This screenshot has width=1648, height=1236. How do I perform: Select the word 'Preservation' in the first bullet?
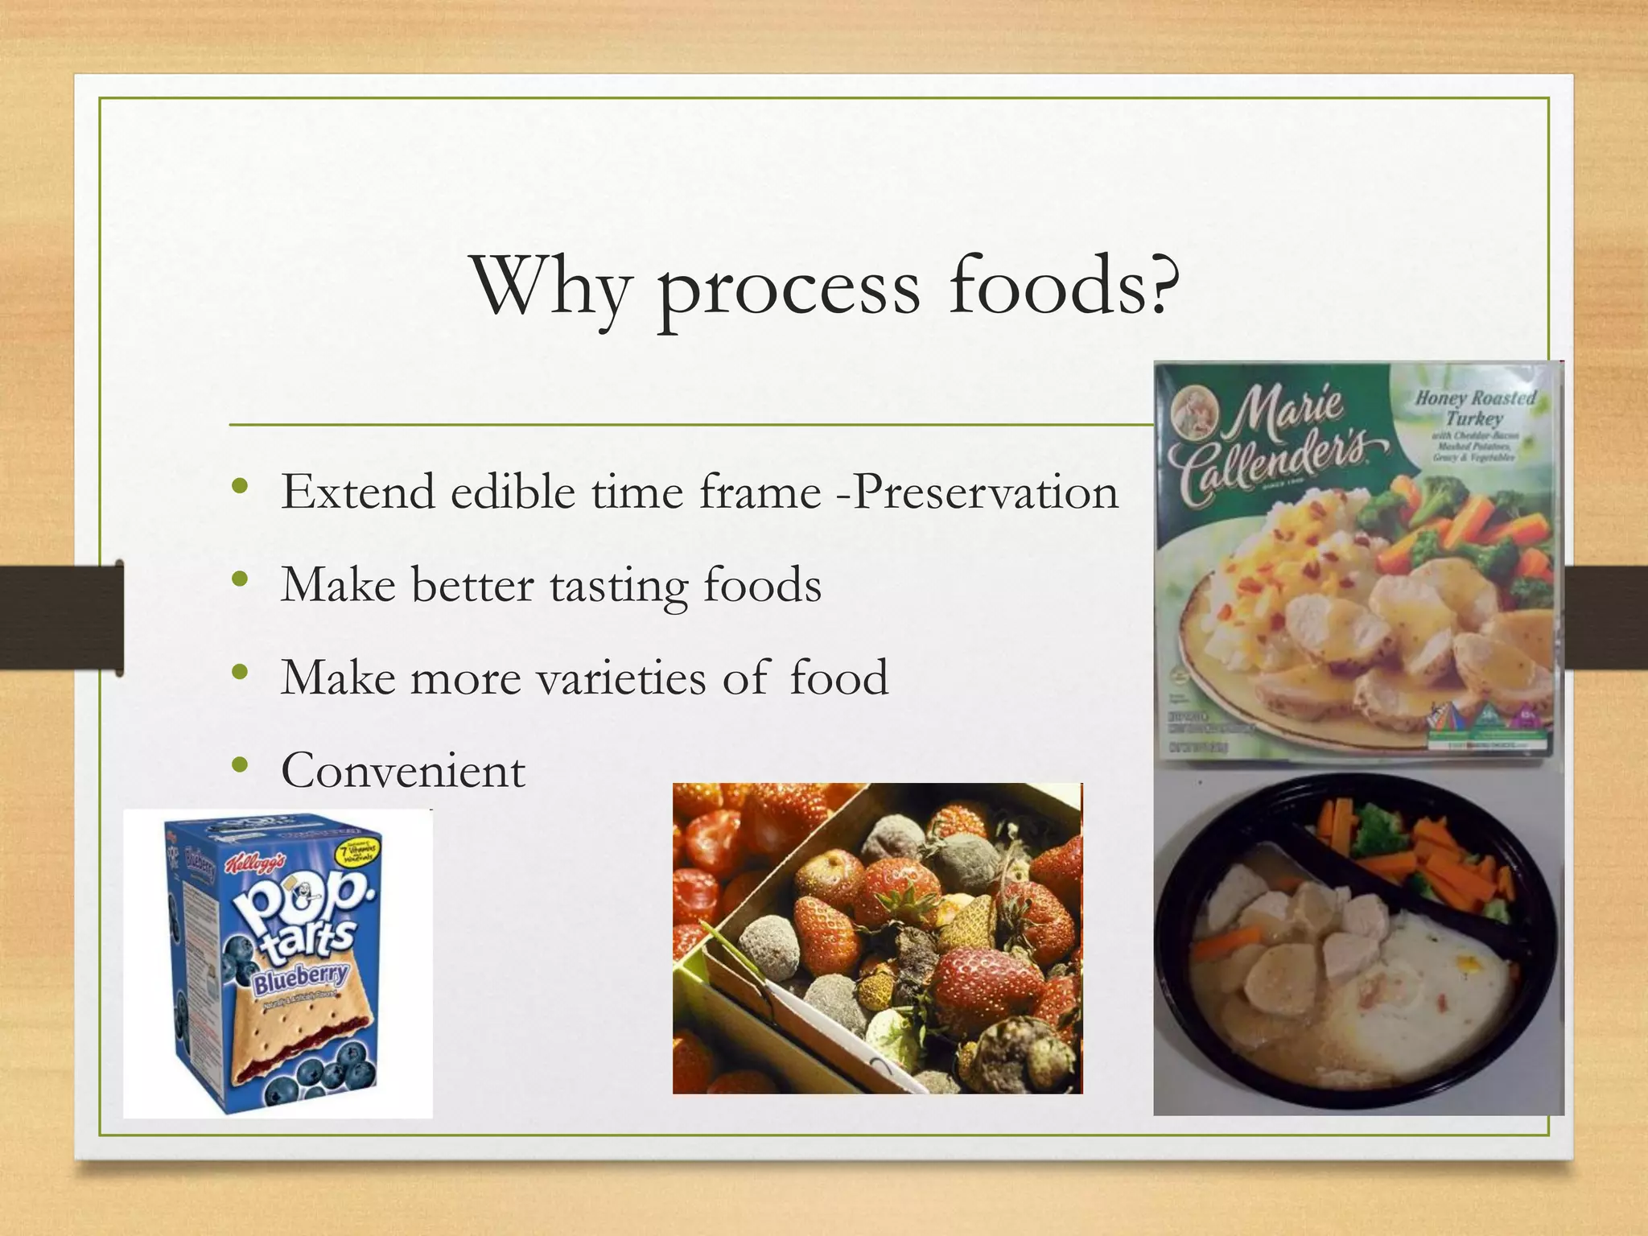985,492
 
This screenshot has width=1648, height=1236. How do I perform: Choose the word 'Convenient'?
403,771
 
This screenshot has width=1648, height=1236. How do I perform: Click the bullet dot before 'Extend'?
239,488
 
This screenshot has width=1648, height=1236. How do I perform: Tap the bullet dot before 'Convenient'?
239,766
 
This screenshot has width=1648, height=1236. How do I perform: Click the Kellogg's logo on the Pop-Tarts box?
254,864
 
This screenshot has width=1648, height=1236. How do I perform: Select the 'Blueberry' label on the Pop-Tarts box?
301,978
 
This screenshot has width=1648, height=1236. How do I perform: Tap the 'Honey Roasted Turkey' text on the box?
1474,408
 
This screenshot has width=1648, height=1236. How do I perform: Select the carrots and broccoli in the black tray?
1416,853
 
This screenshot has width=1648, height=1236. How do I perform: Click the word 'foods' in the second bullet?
762,585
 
